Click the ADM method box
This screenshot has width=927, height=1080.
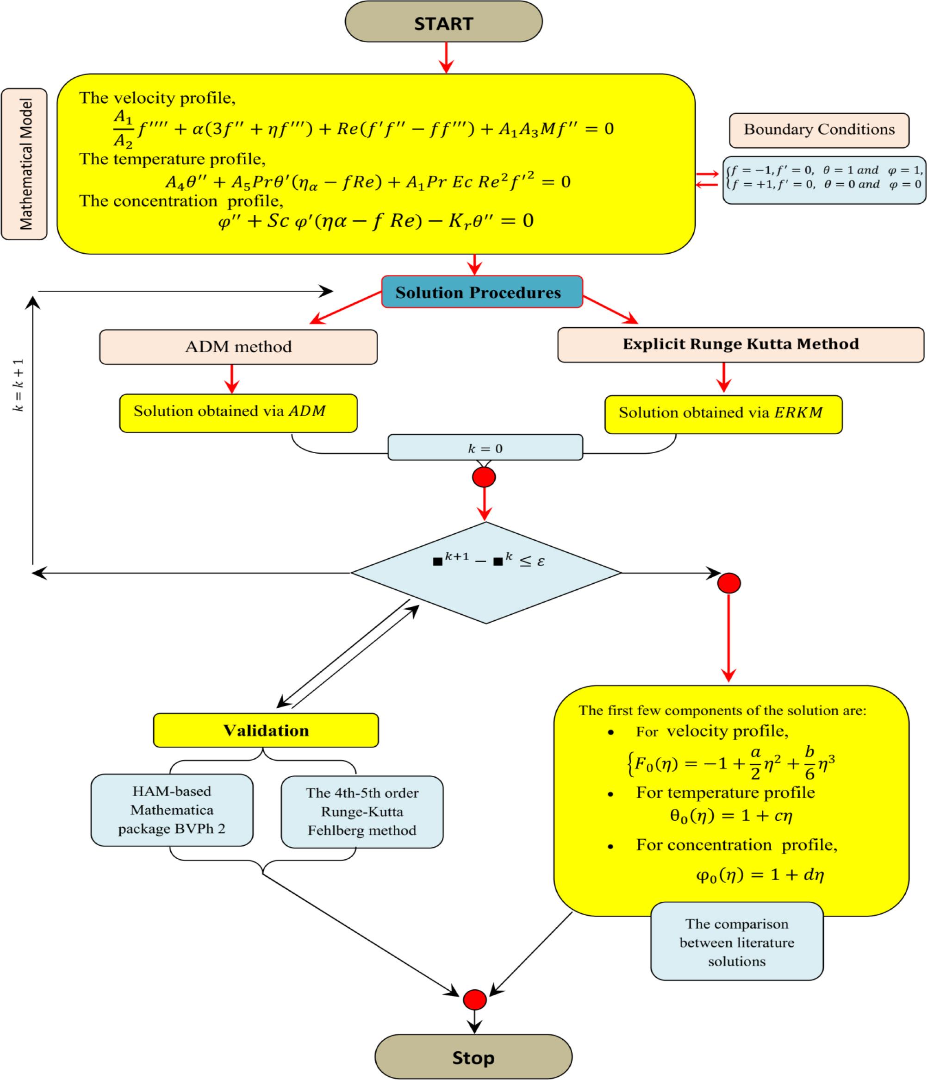[238, 347]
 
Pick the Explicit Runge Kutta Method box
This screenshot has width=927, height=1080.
[740, 344]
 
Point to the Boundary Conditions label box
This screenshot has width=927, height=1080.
[819, 130]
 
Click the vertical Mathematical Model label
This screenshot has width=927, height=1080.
[25, 164]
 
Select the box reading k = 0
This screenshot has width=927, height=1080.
[485, 448]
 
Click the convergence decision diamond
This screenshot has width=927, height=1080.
[485, 572]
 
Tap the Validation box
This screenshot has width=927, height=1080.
[266, 730]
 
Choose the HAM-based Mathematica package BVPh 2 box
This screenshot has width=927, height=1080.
[172, 810]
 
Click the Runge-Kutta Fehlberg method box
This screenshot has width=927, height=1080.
[361, 812]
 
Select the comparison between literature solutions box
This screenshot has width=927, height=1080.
[736, 943]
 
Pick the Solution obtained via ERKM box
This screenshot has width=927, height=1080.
[723, 414]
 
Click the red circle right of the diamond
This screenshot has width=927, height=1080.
[728, 583]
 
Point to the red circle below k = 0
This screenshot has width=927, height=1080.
[484, 477]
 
